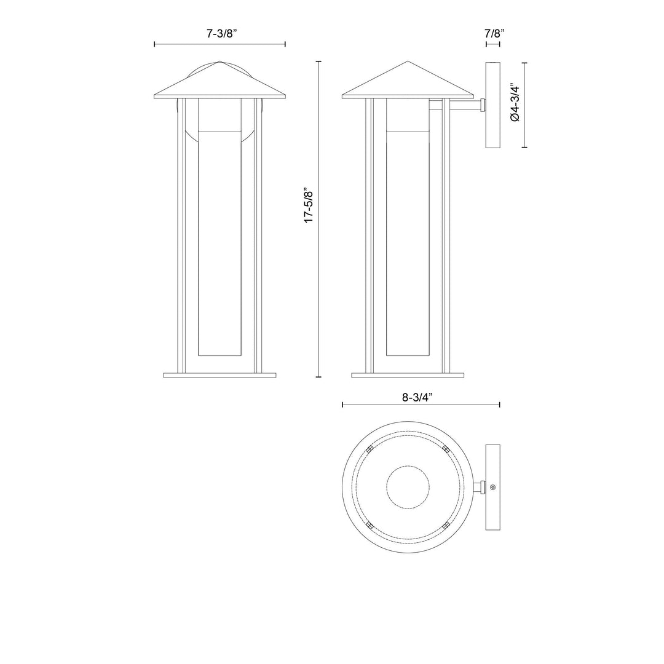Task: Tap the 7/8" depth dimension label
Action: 494,33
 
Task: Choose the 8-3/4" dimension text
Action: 417,397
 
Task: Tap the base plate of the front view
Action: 219,375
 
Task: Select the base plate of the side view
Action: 408,375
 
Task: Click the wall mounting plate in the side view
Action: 492,105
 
